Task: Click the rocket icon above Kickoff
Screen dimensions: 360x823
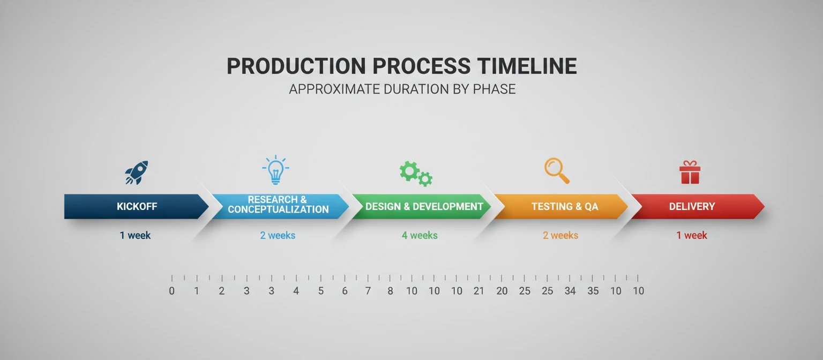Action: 137,172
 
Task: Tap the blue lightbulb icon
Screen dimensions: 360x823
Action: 275,170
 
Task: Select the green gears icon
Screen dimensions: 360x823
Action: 416,172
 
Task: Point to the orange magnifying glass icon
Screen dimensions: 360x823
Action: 557,171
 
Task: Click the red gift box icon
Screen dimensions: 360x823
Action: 690,172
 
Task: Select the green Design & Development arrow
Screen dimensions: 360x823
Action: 423,206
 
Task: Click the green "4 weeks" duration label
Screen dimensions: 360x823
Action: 420,235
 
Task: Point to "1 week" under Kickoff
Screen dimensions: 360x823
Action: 135,235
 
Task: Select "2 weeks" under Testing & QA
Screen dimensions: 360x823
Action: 560,235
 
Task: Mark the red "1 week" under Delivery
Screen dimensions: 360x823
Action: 692,235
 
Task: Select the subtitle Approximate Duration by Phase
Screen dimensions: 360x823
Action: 402,89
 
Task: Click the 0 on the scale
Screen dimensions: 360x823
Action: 171,291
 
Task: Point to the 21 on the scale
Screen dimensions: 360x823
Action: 478,291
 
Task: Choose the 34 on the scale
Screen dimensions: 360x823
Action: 570,291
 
